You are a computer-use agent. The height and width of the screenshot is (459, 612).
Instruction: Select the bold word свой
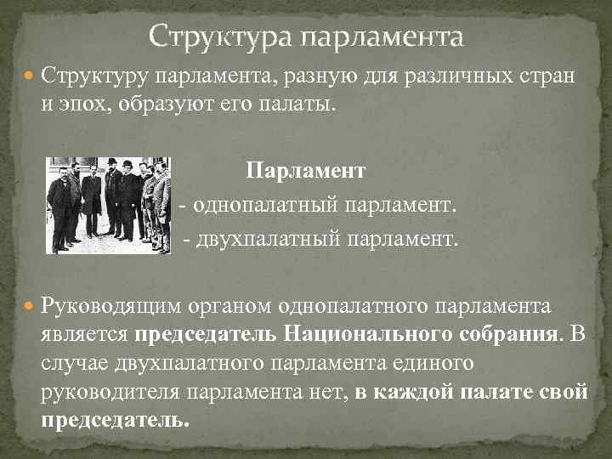pos(564,392)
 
